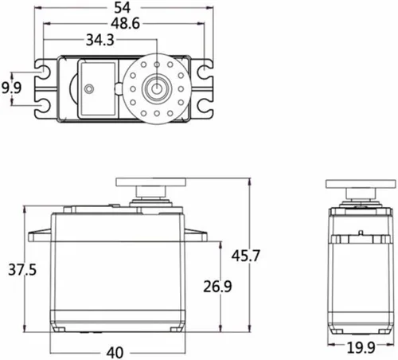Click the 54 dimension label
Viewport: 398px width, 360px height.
point(123,8)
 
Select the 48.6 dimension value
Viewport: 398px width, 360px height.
point(125,24)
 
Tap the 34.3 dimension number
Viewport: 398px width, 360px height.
point(100,40)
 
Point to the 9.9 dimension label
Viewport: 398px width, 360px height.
point(11,88)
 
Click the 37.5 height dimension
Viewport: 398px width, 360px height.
point(22,270)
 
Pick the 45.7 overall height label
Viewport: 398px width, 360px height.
point(246,256)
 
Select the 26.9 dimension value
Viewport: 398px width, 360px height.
point(217,286)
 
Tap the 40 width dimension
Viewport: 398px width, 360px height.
point(115,353)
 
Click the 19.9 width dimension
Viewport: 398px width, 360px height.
point(361,348)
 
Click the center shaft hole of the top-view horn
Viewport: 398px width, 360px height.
point(157,88)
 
